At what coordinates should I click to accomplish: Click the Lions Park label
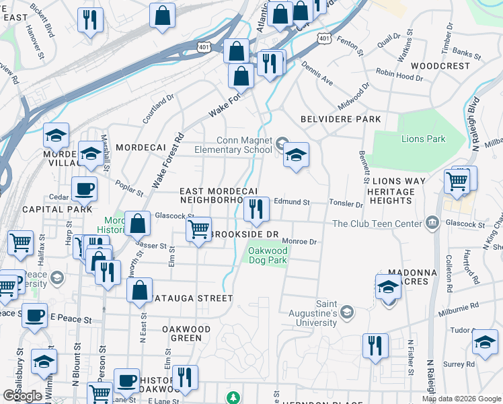(423, 139)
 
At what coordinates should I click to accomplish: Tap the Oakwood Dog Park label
(268, 255)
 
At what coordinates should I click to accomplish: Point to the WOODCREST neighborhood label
(440, 66)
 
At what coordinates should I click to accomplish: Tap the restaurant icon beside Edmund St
(256, 210)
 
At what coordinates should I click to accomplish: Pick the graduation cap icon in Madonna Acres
(388, 288)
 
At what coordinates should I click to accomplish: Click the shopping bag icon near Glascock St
(137, 224)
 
